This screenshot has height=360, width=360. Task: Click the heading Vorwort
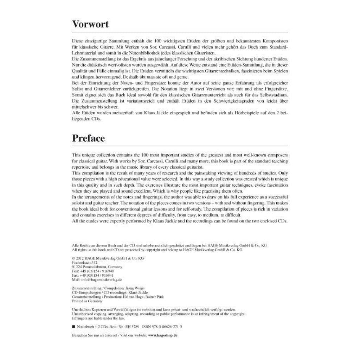(x=90, y=24)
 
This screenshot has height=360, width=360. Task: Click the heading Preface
(x=88, y=138)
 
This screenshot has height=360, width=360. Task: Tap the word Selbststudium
(x=271, y=95)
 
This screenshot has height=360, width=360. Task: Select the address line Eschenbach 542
(x=84, y=262)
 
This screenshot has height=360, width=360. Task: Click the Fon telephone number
(x=94, y=271)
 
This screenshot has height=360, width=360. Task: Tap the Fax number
(x=94, y=275)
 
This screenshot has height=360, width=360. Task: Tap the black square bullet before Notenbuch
(x=73, y=327)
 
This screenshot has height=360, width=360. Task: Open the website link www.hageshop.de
(x=162, y=335)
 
